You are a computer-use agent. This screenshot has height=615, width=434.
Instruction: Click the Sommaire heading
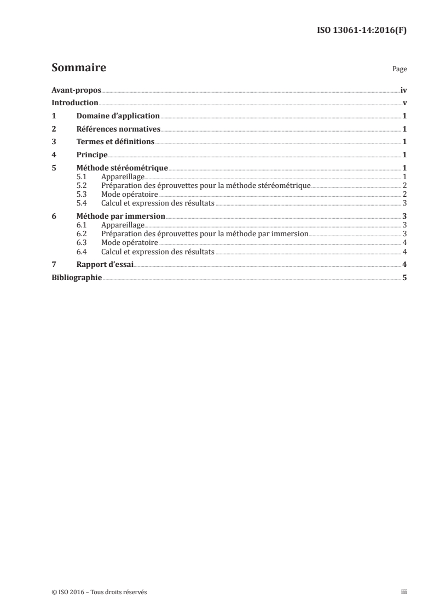(x=78, y=69)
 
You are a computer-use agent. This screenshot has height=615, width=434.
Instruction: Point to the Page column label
(x=399, y=70)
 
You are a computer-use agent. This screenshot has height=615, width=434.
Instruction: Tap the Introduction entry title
(x=74, y=103)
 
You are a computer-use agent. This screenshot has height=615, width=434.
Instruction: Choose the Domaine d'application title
(x=118, y=116)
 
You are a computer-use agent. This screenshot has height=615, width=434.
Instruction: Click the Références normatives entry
(x=118, y=129)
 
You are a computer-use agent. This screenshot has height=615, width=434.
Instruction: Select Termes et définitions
(x=115, y=143)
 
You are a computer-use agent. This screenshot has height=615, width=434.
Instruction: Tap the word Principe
(x=92, y=155)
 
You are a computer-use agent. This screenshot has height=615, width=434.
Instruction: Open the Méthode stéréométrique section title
(x=122, y=168)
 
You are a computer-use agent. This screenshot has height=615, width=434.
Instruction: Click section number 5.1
(x=82, y=177)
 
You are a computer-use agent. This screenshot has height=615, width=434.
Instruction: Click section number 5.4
(x=82, y=203)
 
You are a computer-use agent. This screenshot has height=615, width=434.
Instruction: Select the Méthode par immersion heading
(x=120, y=217)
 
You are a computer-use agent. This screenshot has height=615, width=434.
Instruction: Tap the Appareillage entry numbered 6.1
(x=122, y=225)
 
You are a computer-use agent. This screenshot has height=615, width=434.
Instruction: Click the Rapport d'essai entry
(x=105, y=265)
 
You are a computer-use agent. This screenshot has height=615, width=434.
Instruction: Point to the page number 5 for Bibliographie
(x=404, y=278)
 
